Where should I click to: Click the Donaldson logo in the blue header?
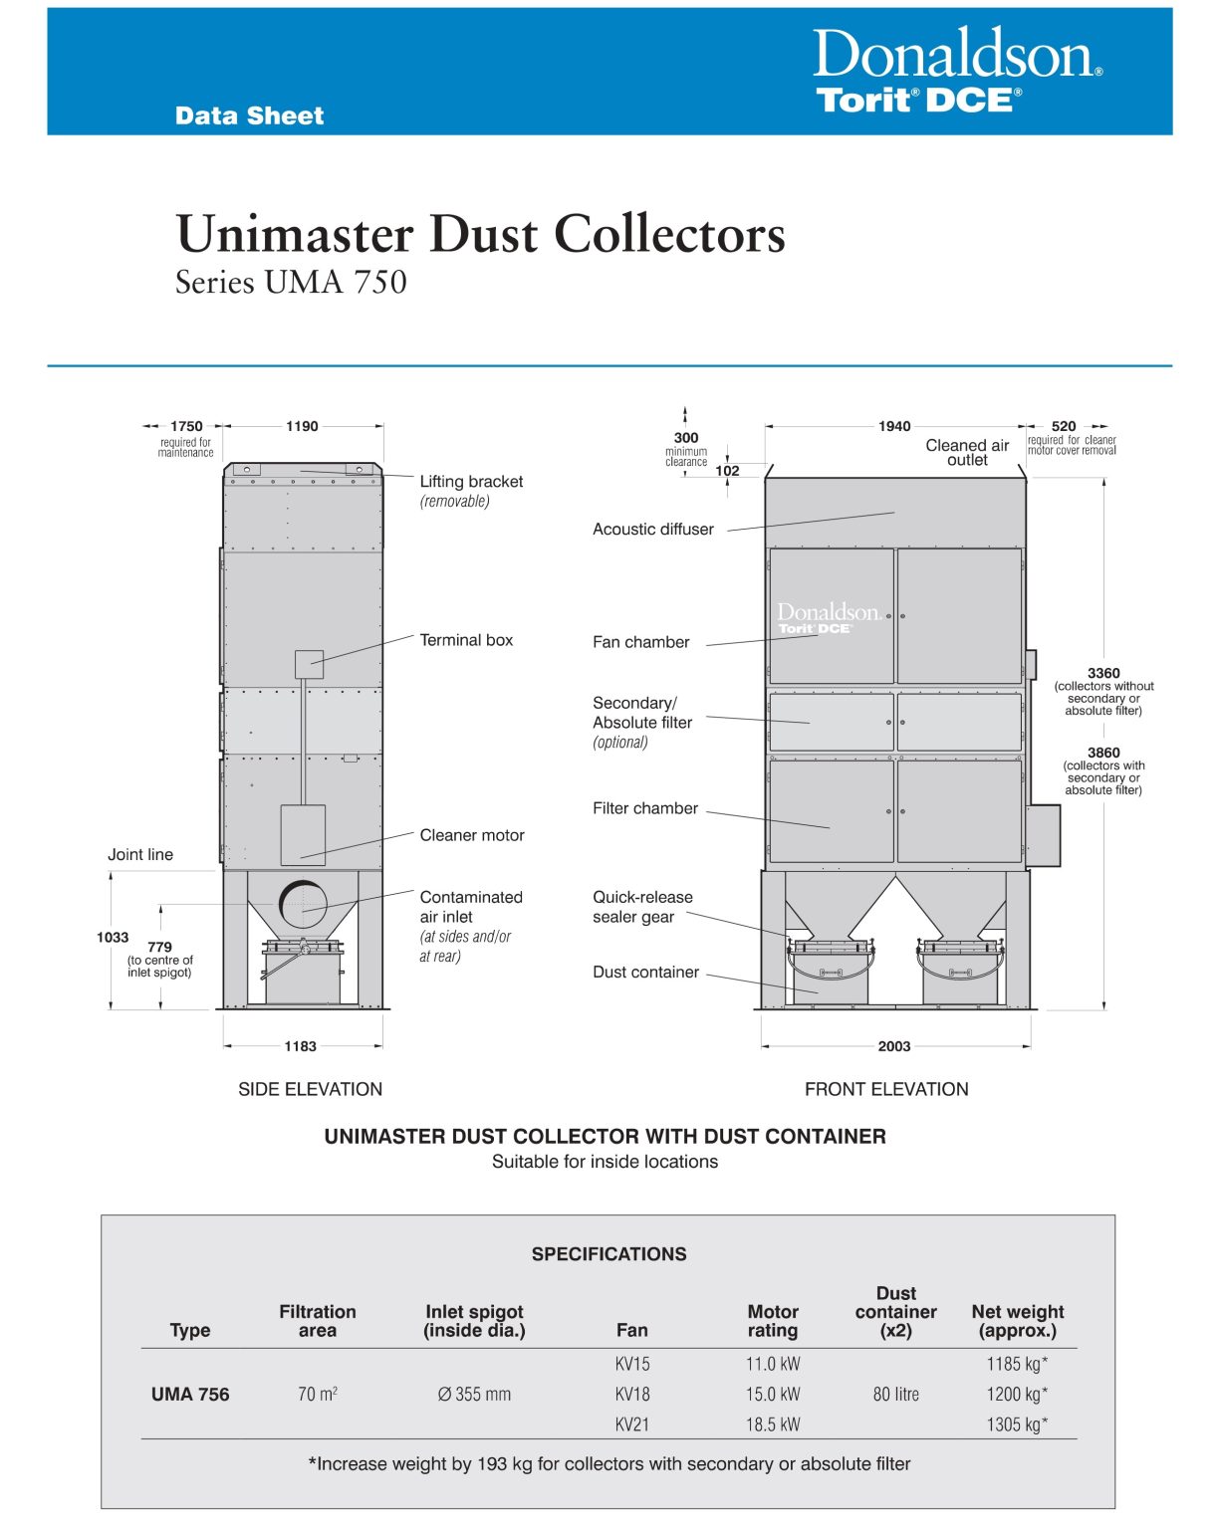[956, 56]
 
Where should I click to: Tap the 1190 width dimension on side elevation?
[302, 426]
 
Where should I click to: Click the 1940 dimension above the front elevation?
[894, 426]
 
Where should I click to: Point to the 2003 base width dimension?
[894, 1046]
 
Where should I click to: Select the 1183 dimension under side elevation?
[300, 1046]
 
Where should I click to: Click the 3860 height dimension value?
[1103, 754]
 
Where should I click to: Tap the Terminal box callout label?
[466, 640]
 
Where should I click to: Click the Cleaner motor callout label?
[472, 835]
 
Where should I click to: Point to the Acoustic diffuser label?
[653, 530]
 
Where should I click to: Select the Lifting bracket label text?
[471, 482]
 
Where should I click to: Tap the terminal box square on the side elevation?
[309, 664]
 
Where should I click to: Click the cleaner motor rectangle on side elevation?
[303, 834]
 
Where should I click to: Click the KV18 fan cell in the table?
[632, 1395]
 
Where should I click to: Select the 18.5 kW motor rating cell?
[773, 1424]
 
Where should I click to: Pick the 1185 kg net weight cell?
[1017, 1365]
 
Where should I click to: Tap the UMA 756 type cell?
[190, 1395]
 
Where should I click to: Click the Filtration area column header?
[318, 1321]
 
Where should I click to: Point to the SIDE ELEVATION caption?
[310, 1089]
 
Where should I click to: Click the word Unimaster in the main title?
[295, 235]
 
